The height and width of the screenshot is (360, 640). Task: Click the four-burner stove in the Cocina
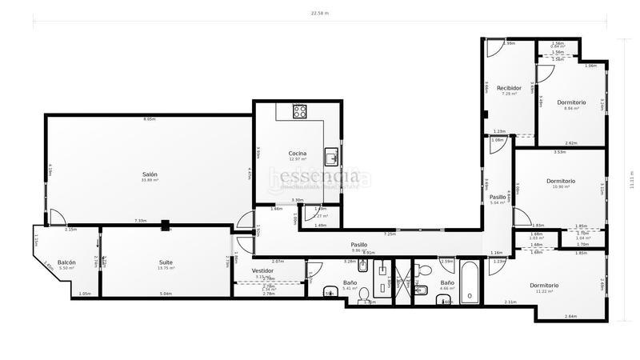pyautogui.click(x=300, y=111)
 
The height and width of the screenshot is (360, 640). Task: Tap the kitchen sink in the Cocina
pyautogui.click(x=330, y=155)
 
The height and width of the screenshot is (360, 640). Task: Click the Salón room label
pyautogui.click(x=150, y=174)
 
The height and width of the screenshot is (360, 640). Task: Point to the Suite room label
pyautogui.click(x=166, y=262)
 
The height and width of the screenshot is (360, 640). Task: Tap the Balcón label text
pyautogui.click(x=66, y=262)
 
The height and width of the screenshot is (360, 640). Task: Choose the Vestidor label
pyautogui.click(x=263, y=270)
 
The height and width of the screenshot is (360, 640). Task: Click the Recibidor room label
pyautogui.click(x=509, y=88)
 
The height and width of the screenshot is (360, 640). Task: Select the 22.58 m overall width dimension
pyautogui.click(x=319, y=14)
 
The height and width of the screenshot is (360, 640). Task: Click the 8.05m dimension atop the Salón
pyautogui.click(x=150, y=119)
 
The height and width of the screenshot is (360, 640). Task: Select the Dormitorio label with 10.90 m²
pyautogui.click(x=561, y=181)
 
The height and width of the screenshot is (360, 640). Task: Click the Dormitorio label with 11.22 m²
pyautogui.click(x=544, y=286)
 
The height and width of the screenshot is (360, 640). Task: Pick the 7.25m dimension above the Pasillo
pyautogui.click(x=390, y=234)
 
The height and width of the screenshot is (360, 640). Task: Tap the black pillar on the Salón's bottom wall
pyautogui.click(x=164, y=226)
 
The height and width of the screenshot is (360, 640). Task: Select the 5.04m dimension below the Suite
pyautogui.click(x=166, y=294)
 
